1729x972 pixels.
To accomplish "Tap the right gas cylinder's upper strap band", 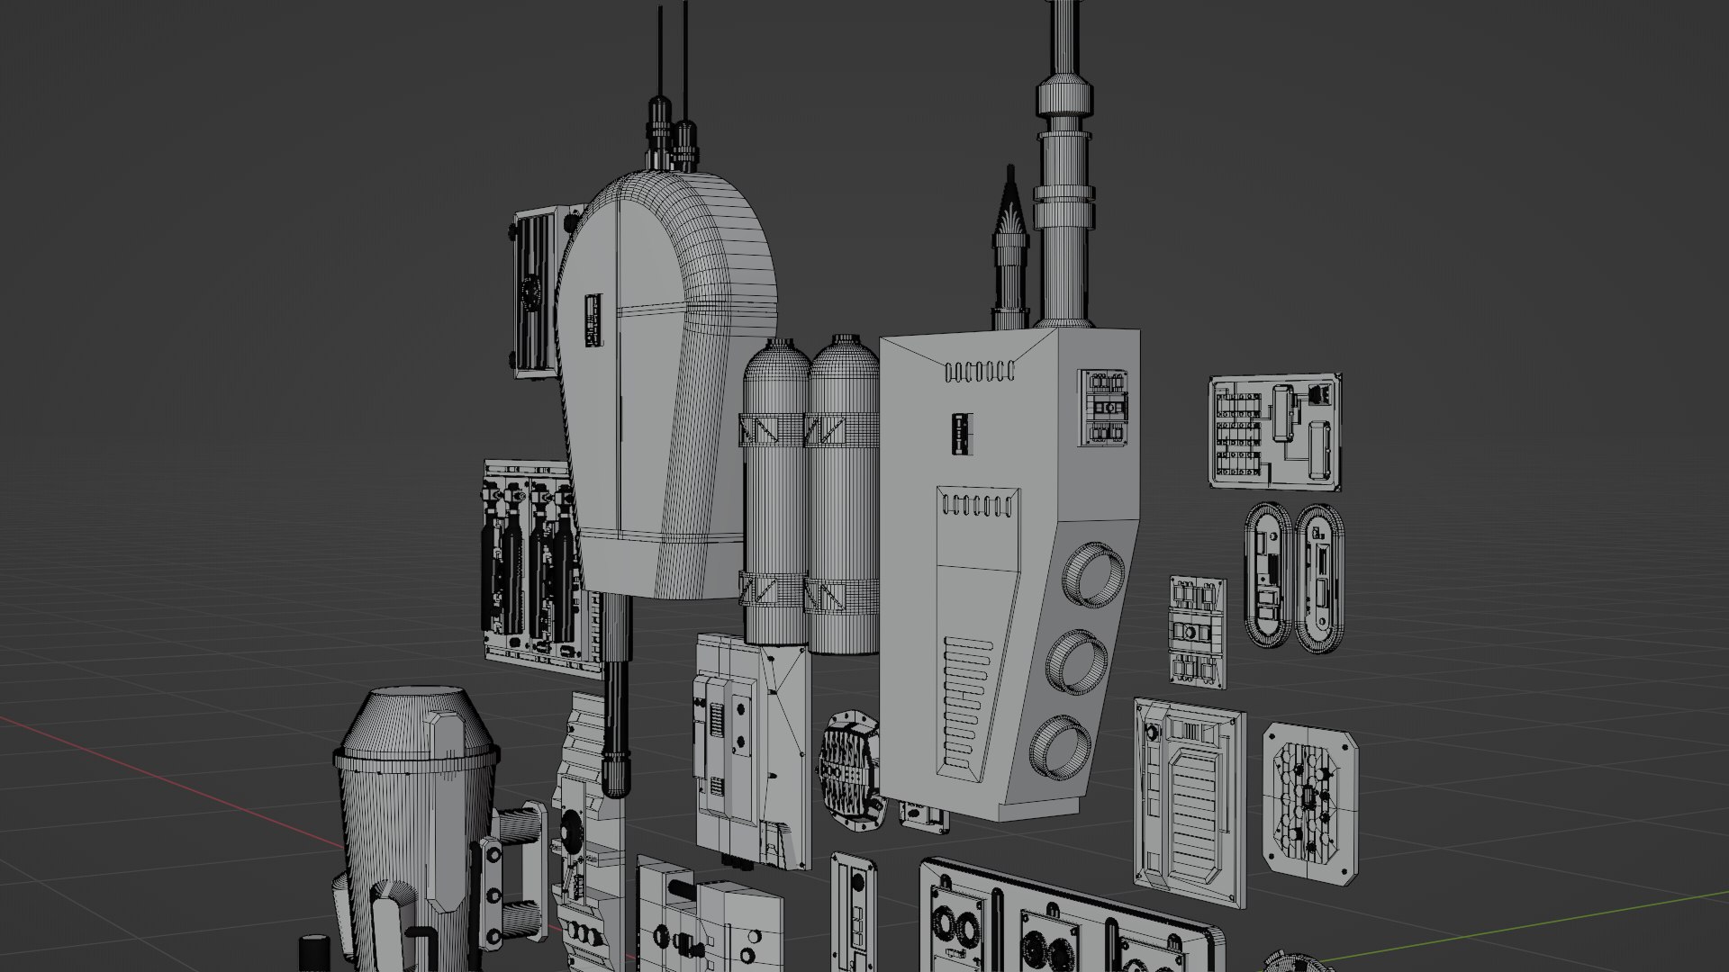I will point(842,431).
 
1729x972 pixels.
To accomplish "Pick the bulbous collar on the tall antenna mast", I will point(1064,96).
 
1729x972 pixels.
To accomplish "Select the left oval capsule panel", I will point(1268,572).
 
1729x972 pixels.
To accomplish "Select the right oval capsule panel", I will point(1318,578).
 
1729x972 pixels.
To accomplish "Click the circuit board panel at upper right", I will point(1274,432).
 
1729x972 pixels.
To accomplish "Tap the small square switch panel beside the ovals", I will point(1198,634).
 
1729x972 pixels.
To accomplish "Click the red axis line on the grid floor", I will point(180,783).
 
